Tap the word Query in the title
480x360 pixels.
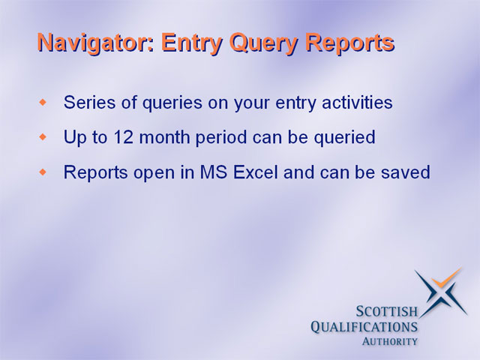tap(263, 43)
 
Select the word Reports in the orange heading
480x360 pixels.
tap(350, 43)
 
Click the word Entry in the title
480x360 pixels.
tap(192, 43)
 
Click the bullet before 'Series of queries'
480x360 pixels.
tap(43, 102)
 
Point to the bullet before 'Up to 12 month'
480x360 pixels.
tap(43, 136)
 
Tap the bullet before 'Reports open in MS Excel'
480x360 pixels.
tap(43, 172)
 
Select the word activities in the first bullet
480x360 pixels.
tap(357, 102)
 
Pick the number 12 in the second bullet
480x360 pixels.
tap(123, 136)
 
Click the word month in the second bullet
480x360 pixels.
tap(164, 136)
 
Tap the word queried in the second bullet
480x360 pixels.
tap(345, 138)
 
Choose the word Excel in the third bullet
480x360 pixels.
tap(256, 172)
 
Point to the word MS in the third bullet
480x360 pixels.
tap(214, 172)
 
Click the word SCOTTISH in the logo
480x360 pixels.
tap(387, 311)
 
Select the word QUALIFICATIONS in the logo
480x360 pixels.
tap(364, 327)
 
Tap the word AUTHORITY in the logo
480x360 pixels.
tap(390, 341)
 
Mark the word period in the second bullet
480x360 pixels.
tap(221, 138)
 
